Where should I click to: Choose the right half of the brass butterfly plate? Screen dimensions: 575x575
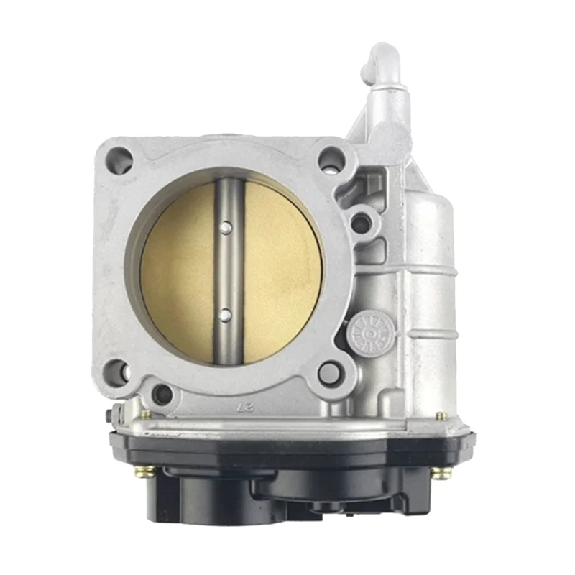coord(277,273)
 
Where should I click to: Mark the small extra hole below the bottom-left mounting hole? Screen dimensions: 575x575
coord(162,393)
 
